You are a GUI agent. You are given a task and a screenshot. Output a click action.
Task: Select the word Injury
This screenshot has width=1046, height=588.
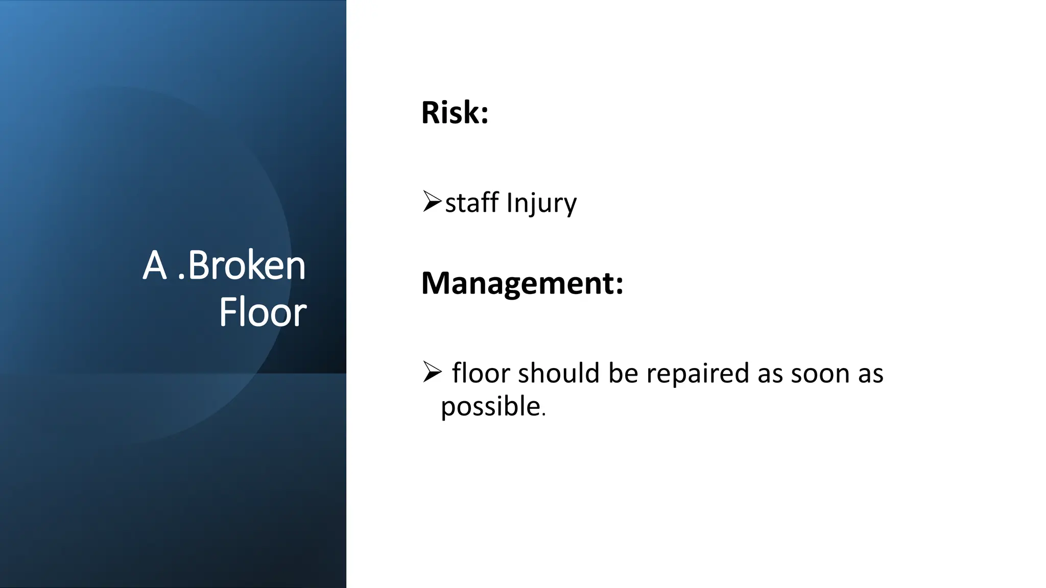tap(541, 204)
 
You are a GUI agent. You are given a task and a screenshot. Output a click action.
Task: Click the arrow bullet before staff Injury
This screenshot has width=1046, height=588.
tap(432, 201)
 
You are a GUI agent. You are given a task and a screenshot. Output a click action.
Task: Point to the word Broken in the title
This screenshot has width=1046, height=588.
tap(247, 265)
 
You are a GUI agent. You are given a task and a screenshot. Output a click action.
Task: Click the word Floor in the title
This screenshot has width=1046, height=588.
tap(263, 312)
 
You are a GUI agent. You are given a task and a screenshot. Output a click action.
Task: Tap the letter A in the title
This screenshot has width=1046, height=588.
tap(155, 265)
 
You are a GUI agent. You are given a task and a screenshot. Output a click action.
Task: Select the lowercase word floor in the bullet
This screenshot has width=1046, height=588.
tap(481, 373)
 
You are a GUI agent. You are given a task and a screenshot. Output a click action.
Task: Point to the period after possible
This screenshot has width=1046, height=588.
tap(544, 415)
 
